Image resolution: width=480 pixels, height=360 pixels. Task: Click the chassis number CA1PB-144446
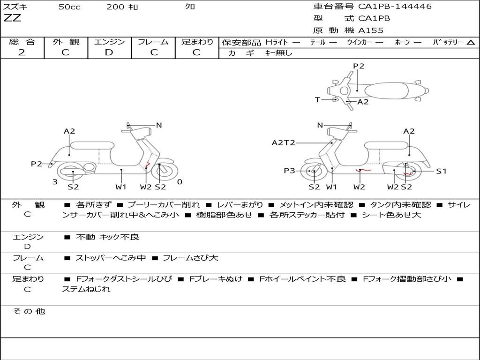395,7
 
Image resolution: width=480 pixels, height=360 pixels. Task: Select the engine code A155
371,30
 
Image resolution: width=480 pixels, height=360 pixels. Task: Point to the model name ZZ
12,19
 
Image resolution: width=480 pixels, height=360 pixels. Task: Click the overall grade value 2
22,52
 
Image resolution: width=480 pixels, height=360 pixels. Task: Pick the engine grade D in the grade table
109,52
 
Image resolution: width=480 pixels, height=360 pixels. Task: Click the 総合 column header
22,42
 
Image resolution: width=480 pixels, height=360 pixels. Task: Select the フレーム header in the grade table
153,42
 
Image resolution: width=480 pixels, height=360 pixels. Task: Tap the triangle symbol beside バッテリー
471,43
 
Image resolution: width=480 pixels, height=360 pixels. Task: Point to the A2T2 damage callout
283,142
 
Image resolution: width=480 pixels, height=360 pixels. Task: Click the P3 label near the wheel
289,171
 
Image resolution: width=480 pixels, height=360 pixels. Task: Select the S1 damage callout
441,171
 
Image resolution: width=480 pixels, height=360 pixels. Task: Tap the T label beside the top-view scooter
317,100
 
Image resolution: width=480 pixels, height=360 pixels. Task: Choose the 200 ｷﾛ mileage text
122,7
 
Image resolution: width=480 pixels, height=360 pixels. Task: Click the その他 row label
29,311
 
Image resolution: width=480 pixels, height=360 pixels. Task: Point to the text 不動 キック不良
108,237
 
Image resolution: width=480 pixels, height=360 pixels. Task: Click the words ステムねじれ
86,289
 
